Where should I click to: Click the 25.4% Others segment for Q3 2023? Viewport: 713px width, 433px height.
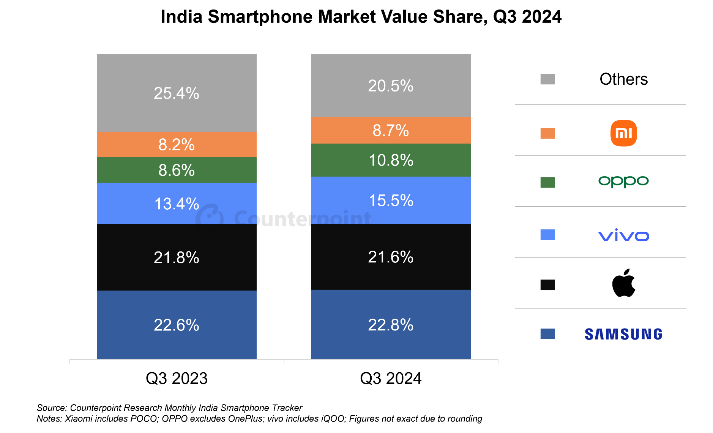tap(177, 93)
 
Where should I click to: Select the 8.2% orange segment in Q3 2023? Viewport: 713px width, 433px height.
tap(177, 144)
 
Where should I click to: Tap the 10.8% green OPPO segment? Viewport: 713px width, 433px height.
tap(391, 160)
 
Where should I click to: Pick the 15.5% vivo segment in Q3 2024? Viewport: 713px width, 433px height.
tap(391, 200)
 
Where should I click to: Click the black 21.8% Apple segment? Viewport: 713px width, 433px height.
tap(177, 257)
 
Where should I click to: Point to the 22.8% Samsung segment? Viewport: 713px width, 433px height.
tap(391, 324)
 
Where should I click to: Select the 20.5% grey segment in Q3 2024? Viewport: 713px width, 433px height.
tap(391, 85)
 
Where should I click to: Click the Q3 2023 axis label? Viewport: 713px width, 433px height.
tap(177, 378)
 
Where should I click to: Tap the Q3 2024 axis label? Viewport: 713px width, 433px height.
tap(391, 378)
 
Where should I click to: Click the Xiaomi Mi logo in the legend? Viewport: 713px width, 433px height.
tap(623, 133)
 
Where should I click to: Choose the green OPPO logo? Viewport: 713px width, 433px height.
tap(623, 182)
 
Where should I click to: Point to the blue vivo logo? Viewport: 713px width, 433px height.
tap(623, 235)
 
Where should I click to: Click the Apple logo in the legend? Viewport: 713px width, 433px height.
tap(623, 283)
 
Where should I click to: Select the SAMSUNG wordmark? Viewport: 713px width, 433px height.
tap(623, 334)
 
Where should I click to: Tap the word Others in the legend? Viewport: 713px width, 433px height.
tap(623, 79)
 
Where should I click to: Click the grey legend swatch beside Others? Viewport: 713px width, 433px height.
tap(547, 79)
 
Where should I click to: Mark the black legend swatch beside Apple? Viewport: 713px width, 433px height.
tap(547, 285)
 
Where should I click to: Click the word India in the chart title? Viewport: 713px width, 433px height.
tap(181, 17)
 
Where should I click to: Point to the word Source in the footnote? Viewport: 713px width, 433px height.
tap(52, 408)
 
